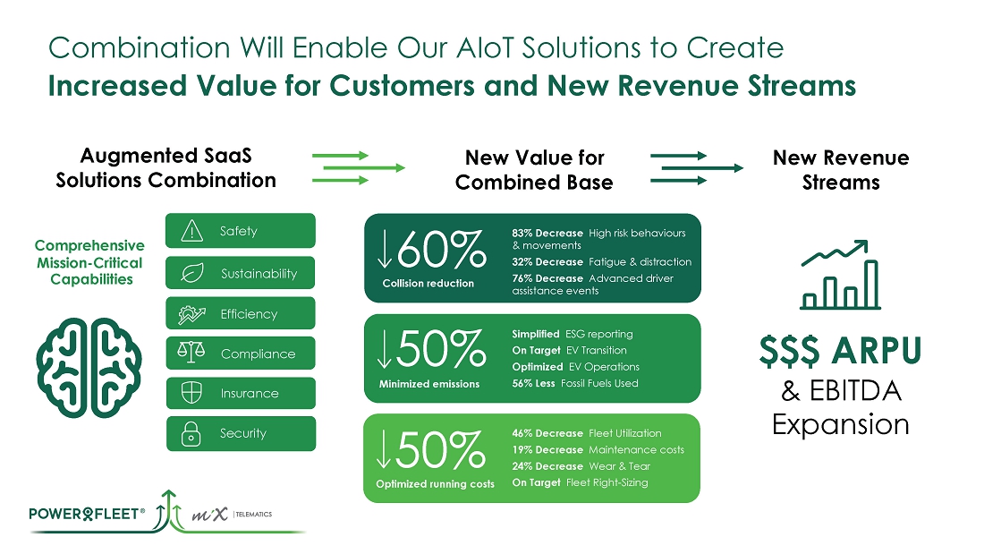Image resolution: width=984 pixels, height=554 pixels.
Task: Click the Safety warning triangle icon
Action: [x=191, y=231]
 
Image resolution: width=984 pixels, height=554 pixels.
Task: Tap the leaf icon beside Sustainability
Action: [x=192, y=273]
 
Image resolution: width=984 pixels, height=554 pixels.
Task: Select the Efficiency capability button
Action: [x=241, y=313]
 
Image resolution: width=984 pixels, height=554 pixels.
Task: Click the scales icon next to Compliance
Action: [x=191, y=353]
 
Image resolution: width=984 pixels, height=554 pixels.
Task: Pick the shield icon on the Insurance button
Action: [x=191, y=393]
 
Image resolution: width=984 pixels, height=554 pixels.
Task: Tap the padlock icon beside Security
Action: [x=191, y=433]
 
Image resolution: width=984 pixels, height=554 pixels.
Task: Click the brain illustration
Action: [x=89, y=368]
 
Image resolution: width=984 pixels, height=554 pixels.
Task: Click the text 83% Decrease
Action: [x=547, y=233]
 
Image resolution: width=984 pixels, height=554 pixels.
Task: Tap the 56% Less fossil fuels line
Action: [x=575, y=383]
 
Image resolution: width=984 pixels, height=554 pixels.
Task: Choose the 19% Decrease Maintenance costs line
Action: [x=598, y=449]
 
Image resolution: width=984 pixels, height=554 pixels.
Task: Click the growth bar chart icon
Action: [x=840, y=275]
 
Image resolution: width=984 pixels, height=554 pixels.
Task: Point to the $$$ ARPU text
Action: [x=840, y=351]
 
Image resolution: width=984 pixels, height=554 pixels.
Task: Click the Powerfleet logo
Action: [x=88, y=514]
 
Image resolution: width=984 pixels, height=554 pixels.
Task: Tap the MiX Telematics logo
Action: [x=232, y=515]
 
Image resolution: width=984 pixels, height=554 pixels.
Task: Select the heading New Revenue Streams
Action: [x=841, y=169]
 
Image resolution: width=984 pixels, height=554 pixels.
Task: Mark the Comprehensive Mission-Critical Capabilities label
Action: [x=89, y=262]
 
